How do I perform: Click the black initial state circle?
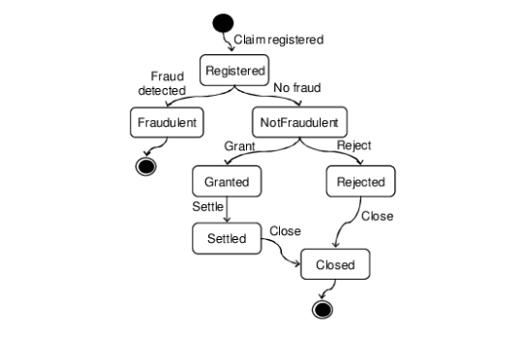tap(223, 22)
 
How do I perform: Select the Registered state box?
tap(233, 71)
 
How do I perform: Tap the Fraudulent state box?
tap(165, 123)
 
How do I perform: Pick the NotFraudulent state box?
tap(298, 123)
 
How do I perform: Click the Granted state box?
tap(227, 181)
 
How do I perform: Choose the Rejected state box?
tap(360, 181)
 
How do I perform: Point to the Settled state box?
tap(227, 238)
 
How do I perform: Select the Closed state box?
tap(335, 264)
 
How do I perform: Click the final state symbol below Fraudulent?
tap(146, 165)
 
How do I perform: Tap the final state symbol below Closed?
tap(323, 309)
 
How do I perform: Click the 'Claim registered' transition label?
tap(279, 40)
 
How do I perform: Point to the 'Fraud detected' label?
tap(168, 83)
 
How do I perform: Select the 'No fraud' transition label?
tap(295, 89)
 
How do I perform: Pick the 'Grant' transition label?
tap(239, 146)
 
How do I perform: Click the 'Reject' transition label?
tap(354, 146)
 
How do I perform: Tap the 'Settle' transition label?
tap(208, 207)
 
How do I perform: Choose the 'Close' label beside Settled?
tap(285, 231)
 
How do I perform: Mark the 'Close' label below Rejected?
tap(377, 216)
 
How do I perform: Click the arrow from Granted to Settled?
tap(227, 210)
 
